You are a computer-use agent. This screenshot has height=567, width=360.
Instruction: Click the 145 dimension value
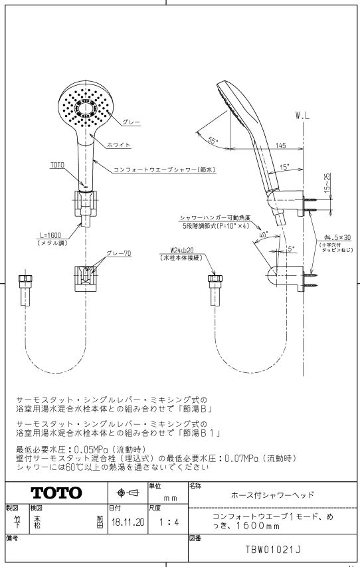tap(280, 146)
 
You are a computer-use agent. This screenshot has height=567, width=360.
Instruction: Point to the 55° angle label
tap(214, 140)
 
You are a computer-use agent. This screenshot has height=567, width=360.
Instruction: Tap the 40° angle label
tap(264, 235)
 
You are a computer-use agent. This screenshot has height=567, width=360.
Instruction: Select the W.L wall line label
tap(302, 116)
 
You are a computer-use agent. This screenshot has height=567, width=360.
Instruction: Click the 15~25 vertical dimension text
tap(327, 182)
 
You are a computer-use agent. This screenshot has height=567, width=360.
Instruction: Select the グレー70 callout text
tap(118, 253)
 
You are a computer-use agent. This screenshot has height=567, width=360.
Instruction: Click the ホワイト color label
tap(118, 145)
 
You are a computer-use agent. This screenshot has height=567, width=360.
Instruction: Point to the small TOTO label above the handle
tap(57, 165)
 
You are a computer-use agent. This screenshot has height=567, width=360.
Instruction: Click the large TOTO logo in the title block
tap(56, 493)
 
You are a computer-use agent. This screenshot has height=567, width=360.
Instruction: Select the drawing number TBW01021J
tap(273, 549)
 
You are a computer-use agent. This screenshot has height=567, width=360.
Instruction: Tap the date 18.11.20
tap(128, 522)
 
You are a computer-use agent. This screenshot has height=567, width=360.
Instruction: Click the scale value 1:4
tap(169, 522)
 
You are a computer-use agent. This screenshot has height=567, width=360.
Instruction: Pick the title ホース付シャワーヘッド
tap(272, 495)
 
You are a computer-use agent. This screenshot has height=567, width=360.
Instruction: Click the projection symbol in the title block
tap(128, 493)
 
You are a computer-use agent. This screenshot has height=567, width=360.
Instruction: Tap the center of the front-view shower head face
tap(86, 108)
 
